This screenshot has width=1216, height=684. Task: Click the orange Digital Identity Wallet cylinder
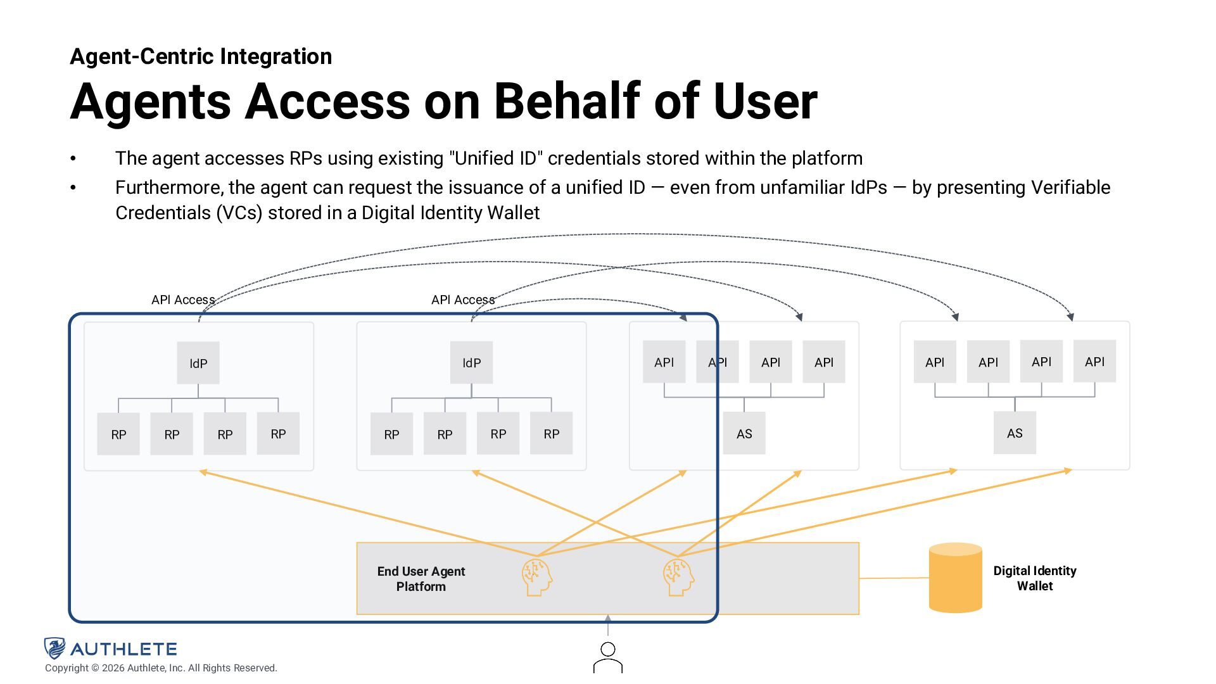click(x=955, y=578)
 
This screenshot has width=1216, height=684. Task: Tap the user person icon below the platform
click(x=607, y=657)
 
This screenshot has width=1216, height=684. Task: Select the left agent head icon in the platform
click(x=537, y=576)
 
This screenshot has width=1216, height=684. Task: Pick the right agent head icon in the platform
click(x=678, y=576)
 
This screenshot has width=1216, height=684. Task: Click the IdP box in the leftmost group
click(x=198, y=363)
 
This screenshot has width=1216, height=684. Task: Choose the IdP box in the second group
click(x=471, y=363)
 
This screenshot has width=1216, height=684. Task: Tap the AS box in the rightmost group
click(x=1015, y=433)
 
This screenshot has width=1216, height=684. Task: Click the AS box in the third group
click(x=744, y=433)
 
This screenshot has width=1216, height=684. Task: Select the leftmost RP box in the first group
click(x=118, y=434)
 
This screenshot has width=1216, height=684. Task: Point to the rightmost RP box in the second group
click(x=551, y=433)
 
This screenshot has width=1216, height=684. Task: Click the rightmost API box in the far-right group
click(x=1094, y=362)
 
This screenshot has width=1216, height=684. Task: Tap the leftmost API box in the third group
click(x=664, y=362)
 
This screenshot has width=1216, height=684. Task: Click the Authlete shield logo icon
click(x=54, y=648)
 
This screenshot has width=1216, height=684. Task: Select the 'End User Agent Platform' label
click(x=421, y=579)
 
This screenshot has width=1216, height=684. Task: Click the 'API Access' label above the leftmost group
click(x=183, y=300)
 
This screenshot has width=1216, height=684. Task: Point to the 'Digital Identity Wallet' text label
click(x=1035, y=578)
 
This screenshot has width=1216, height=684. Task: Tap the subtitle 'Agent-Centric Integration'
click(x=201, y=56)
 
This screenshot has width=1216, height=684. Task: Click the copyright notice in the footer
click(x=161, y=668)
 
